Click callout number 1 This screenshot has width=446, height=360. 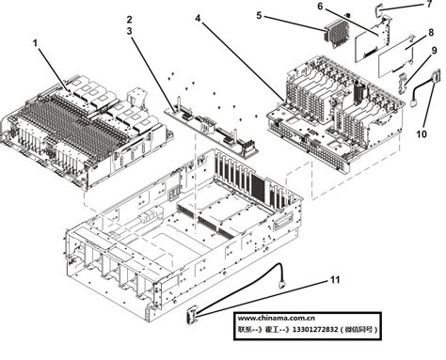[35, 43]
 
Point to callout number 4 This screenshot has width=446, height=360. [199, 18]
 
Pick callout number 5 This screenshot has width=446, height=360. [260, 16]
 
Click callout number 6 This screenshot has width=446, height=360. [319, 7]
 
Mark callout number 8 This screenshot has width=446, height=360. [430, 33]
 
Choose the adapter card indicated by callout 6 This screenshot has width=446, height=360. [368, 39]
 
